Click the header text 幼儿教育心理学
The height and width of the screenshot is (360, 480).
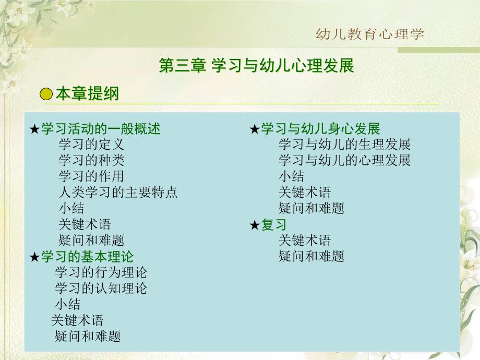370,34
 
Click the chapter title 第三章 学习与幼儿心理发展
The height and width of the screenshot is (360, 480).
256,66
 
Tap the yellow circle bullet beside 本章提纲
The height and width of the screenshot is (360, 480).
46,94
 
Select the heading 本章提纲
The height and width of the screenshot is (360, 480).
87,94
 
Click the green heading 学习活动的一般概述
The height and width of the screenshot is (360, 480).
100,128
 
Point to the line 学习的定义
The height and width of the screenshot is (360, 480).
91,145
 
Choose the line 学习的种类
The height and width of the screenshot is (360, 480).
91,160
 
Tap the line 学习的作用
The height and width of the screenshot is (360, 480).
91,176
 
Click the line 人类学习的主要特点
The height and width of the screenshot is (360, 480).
118,192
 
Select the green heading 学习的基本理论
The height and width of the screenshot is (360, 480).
87,256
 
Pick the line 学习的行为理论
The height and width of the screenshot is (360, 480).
101,272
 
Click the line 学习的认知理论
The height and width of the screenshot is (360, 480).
101,288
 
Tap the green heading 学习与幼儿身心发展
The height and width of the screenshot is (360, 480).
320,128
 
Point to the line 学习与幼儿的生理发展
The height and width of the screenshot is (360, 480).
345,145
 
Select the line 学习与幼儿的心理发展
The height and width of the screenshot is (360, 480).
345,160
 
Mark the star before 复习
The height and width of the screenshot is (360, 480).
255,225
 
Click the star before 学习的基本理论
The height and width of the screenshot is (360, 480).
34,257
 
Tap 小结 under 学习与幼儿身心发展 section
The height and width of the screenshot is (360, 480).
292,176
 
